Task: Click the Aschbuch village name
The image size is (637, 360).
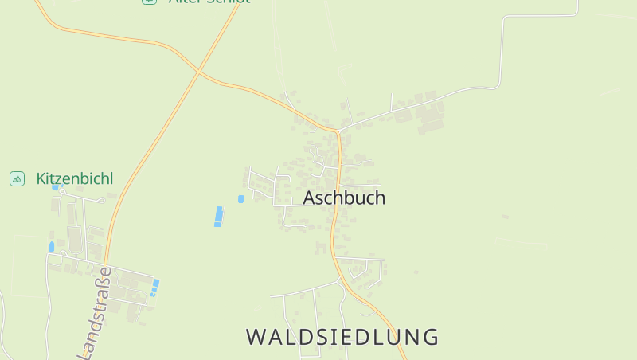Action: point(344,198)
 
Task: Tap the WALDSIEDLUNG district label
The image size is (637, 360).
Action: point(342,337)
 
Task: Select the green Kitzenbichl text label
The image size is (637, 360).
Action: point(75,178)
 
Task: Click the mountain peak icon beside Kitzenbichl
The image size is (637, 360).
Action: point(17,178)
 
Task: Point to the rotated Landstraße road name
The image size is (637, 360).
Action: point(100,315)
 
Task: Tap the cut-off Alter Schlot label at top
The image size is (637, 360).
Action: point(209,2)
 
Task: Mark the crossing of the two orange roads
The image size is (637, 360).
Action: point(197,72)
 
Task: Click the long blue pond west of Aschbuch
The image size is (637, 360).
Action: point(218,216)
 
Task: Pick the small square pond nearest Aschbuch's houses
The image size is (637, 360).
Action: point(240,199)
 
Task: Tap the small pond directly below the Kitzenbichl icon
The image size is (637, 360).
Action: point(56,187)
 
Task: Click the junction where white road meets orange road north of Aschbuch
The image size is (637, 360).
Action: point(338,130)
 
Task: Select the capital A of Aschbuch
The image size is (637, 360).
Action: point(310,198)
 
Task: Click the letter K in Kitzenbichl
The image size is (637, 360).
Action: point(41,178)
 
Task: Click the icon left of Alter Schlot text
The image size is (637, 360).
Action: point(149,2)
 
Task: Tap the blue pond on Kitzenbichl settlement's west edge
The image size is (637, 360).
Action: point(52,247)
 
